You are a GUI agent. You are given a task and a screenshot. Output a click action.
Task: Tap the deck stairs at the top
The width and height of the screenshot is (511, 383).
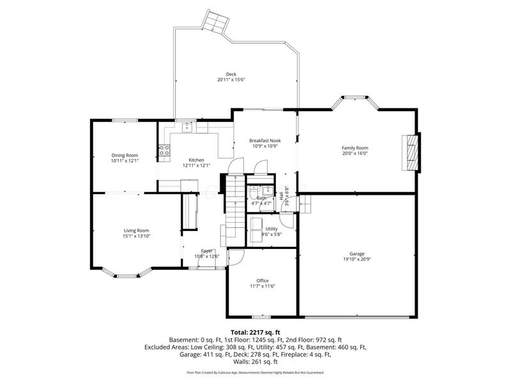tap(215, 22)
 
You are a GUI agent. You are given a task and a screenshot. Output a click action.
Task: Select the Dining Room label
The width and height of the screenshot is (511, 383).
tap(125, 155)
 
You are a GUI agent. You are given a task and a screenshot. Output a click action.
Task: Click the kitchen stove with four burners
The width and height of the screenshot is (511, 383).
tap(164, 151)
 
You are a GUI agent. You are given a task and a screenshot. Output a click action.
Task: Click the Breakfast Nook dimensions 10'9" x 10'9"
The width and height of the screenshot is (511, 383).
tap(265, 146)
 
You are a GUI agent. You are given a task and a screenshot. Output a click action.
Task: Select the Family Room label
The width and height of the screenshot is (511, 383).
tap(355, 147)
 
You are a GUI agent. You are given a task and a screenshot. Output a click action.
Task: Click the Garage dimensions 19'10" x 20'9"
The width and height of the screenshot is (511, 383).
tap(361, 259)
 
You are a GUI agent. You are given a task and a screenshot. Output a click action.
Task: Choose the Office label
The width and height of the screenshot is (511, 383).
tap(263, 280)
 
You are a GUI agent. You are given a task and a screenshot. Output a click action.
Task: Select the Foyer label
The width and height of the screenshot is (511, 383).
tap(206, 251)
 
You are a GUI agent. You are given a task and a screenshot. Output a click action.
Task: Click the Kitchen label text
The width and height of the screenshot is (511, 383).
tap(195, 160)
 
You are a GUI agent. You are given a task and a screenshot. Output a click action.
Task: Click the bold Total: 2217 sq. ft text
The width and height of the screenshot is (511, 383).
tap(255, 332)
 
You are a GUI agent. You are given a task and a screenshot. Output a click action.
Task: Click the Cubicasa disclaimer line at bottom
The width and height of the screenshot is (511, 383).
tap(255, 372)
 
